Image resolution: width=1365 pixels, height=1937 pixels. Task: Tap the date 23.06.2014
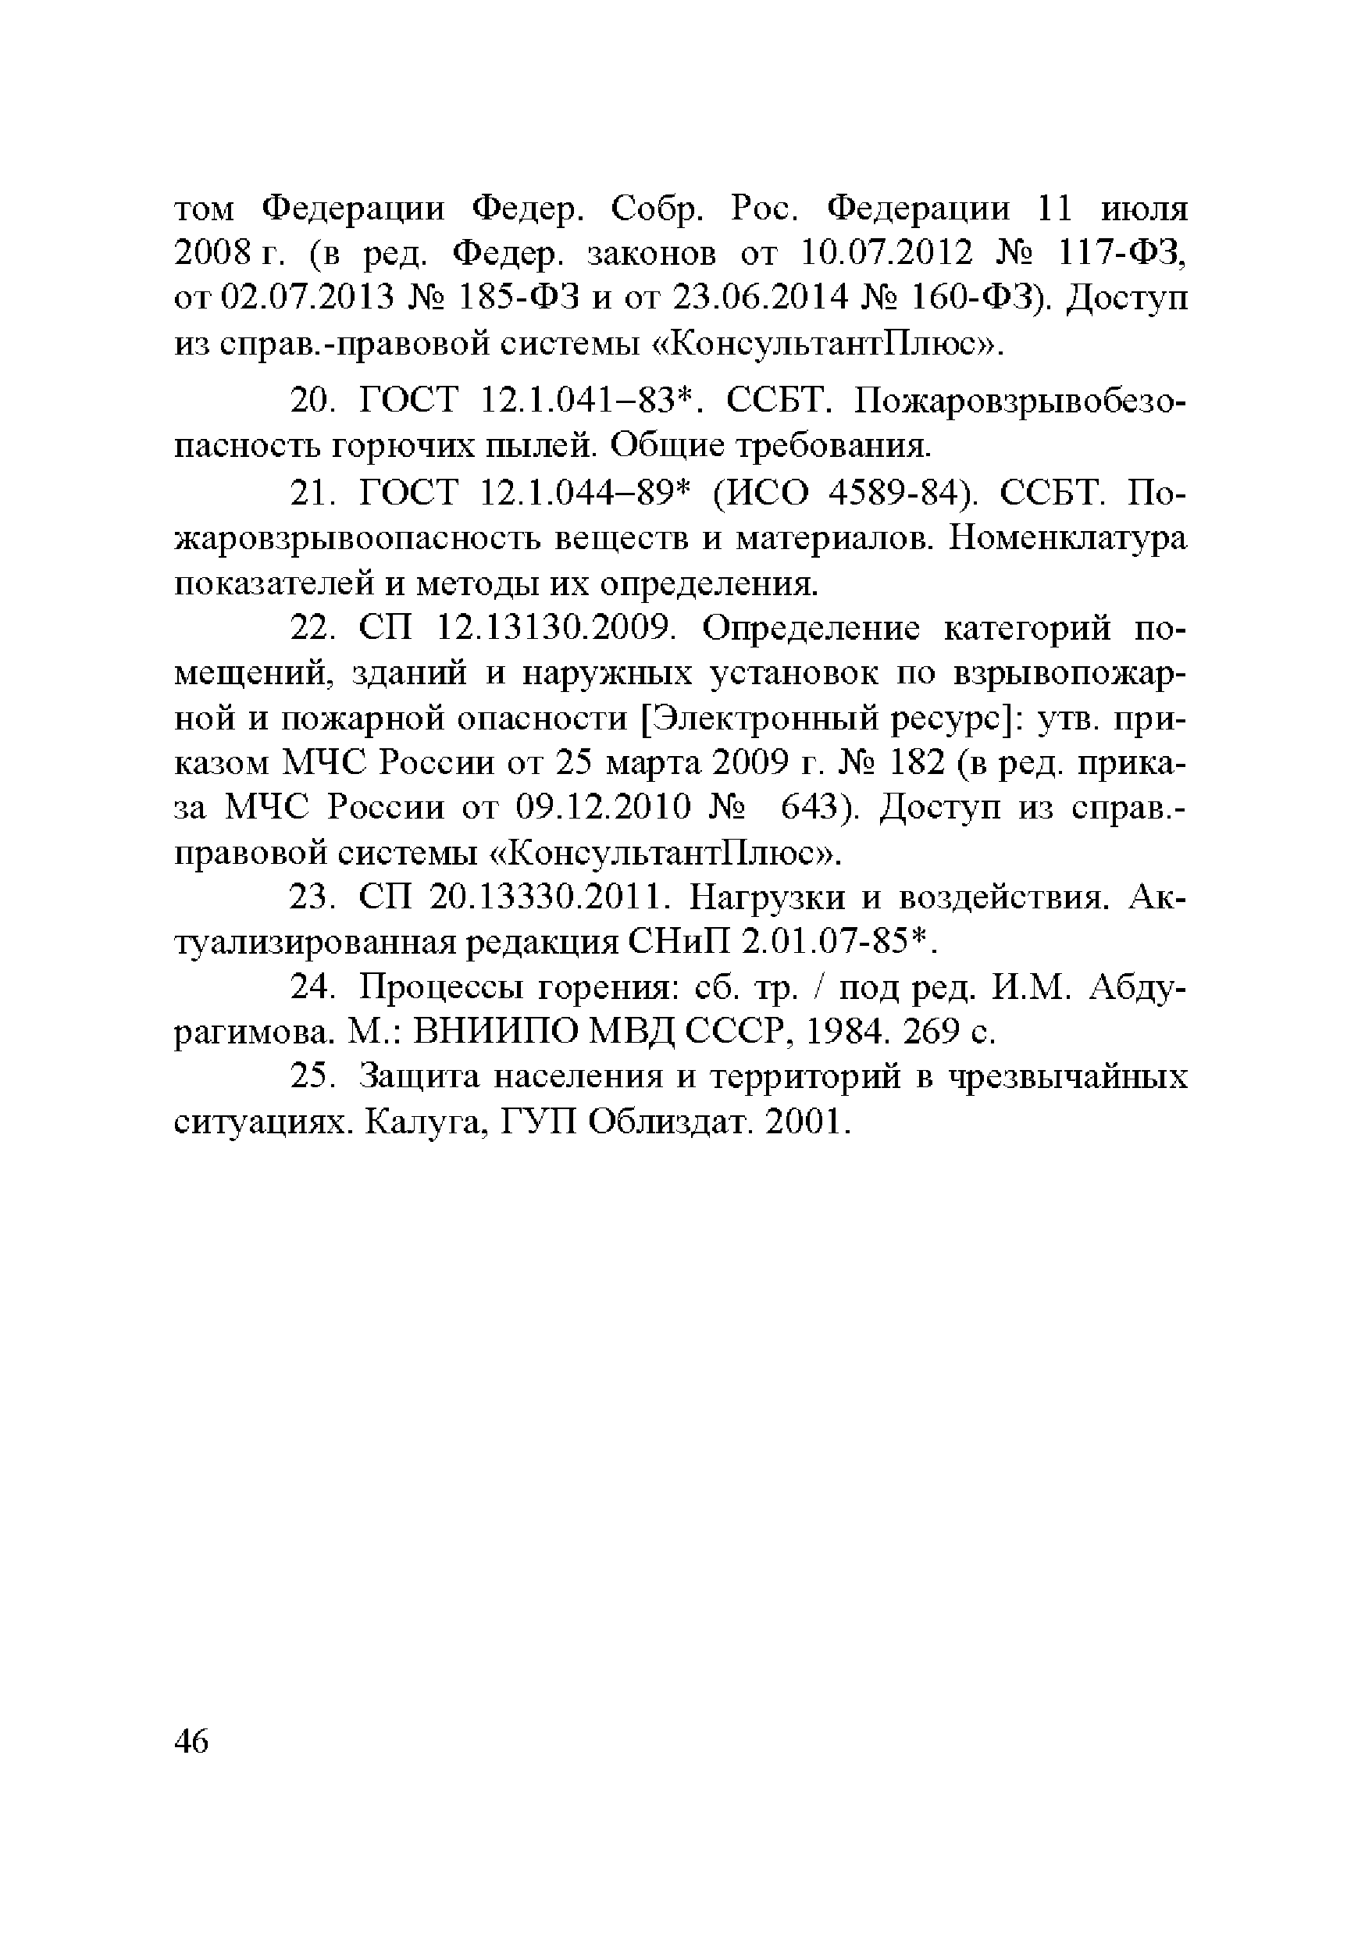pos(754,297)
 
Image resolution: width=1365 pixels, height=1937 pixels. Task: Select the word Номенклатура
pos(1067,537)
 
